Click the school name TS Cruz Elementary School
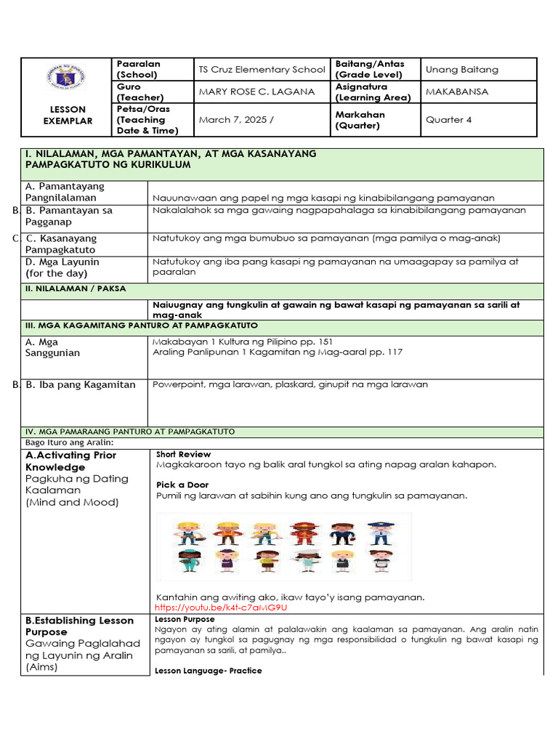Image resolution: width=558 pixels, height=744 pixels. [262, 70]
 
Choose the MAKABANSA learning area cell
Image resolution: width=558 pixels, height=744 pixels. [457, 92]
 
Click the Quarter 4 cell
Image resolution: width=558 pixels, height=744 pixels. [448, 120]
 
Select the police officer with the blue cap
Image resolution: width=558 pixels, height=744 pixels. [379, 534]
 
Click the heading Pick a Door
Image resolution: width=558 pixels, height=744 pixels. [182, 485]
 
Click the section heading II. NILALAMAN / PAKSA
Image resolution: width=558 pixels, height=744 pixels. [75, 288]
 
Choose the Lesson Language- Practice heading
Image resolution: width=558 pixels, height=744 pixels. [209, 671]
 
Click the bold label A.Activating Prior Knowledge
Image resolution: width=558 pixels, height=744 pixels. [70, 461]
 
